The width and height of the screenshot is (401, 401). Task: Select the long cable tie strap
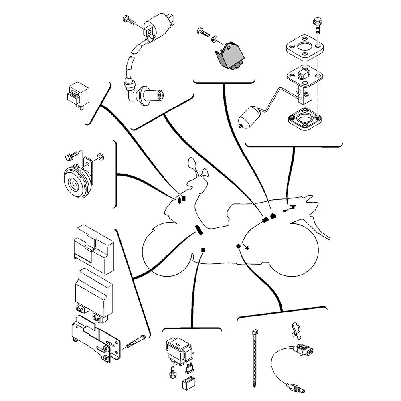pyautogui.click(x=255, y=361)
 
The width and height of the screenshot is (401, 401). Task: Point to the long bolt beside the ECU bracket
pyautogui.click(x=135, y=342)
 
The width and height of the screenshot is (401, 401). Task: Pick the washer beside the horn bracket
pyautogui.click(x=100, y=156)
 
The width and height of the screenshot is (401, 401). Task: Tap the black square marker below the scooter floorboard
pyautogui.click(x=203, y=250)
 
